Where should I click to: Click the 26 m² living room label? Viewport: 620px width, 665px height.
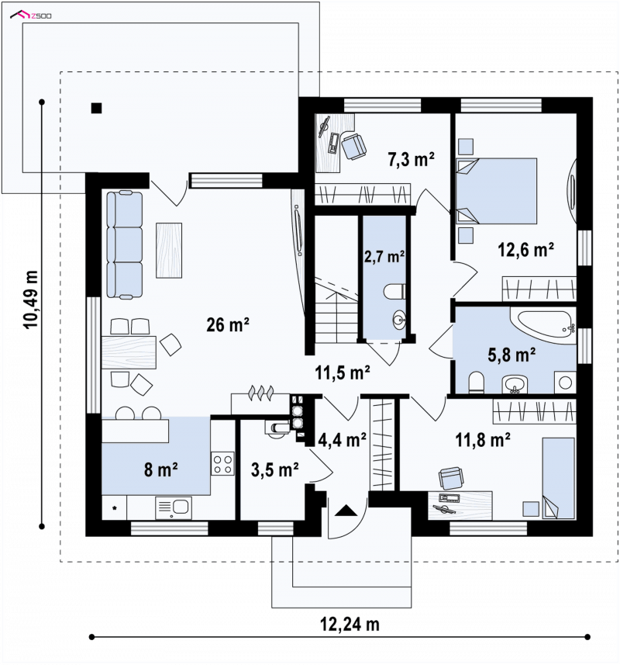coord(227,325)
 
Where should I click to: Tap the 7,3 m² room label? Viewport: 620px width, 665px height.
coord(411,160)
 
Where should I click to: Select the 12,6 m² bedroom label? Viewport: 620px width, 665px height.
coord(525,250)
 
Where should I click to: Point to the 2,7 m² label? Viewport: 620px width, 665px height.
coord(384,256)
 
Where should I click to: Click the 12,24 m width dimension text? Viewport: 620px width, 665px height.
coord(350,624)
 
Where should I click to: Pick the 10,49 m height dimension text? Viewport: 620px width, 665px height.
coord(31,300)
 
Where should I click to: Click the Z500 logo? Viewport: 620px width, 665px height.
coord(31,16)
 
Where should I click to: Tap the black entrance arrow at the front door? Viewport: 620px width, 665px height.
coord(346,511)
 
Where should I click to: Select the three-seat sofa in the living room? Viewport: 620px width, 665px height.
coord(125,244)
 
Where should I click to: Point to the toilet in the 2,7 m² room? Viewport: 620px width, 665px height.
coord(394,292)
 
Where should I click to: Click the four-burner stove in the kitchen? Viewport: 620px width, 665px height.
coord(222,463)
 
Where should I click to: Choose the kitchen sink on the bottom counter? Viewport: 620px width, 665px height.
coord(174,508)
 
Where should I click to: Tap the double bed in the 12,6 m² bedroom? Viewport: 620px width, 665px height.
coord(496,191)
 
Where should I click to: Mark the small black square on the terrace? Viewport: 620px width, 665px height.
coord(97,108)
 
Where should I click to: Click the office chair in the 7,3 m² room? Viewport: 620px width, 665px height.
coord(353,147)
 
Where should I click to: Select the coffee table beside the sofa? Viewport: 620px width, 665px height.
coord(169,250)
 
